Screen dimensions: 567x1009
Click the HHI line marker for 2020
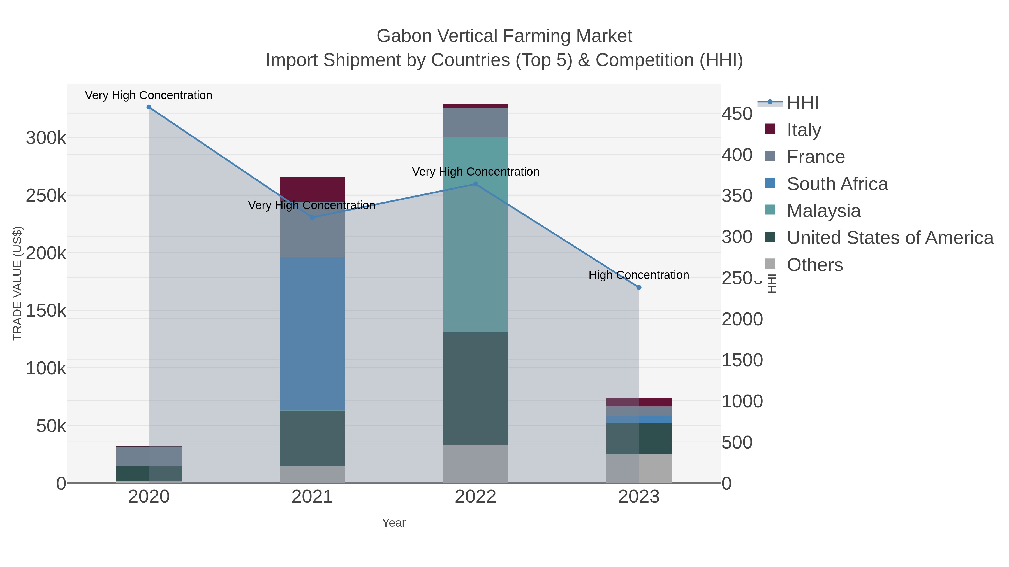coord(149,107)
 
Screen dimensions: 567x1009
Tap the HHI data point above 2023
coord(639,287)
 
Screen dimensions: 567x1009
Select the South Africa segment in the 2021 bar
coord(312,333)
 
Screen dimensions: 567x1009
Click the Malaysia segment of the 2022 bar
coord(475,235)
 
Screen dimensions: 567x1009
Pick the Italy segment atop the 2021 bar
coord(312,189)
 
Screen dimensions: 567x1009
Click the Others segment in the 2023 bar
coord(639,468)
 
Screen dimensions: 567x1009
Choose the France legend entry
coord(816,157)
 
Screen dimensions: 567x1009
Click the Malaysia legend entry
coord(823,211)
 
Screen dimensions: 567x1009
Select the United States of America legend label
coord(890,238)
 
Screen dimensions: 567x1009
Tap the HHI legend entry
coord(802,103)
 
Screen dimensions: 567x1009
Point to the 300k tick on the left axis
coord(46,138)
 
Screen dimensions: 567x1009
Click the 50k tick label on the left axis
coord(51,426)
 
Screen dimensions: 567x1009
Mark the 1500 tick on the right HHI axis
coord(742,360)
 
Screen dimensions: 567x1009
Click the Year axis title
coord(394,523)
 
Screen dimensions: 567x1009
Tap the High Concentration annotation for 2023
coord(639,275)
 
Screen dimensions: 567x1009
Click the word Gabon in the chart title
coord(403,36)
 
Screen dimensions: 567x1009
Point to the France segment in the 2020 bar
coord(149,456)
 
